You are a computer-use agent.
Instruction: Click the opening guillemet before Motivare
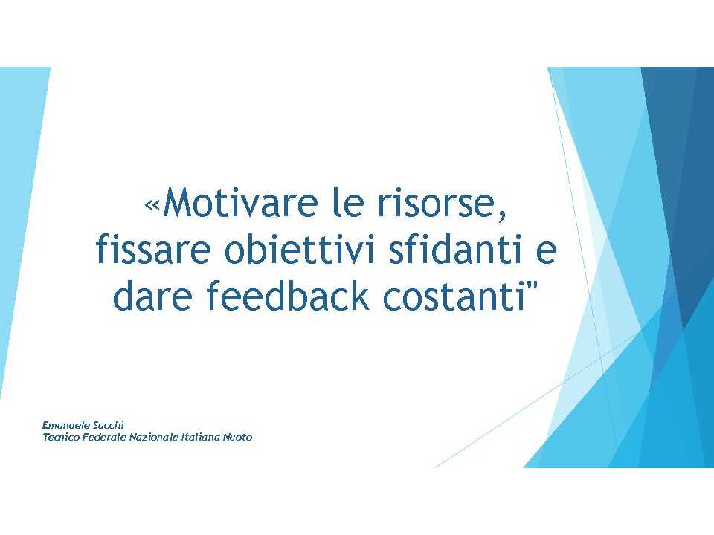point(152,206)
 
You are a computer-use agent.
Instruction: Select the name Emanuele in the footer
point(59,425)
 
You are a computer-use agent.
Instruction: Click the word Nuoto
point(237,437)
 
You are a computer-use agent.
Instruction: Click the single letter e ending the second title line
point(546,253)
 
